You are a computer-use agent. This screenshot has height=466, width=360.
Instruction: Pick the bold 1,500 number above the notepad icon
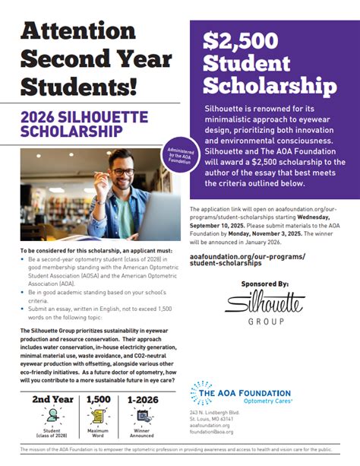pos(99,399)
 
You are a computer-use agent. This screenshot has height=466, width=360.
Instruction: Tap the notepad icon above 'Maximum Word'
pos(99,417)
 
